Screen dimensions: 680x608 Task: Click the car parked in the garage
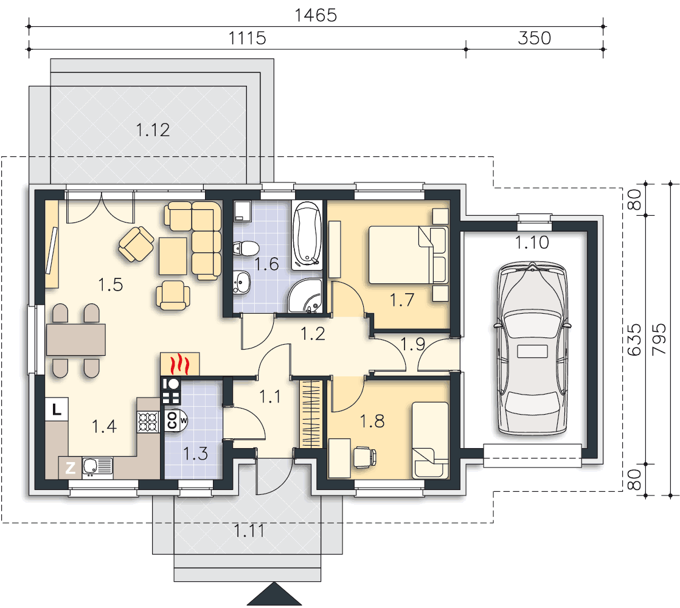(533, 348)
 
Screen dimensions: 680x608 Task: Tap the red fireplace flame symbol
(180, 364)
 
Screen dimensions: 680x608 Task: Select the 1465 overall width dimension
(316, 15)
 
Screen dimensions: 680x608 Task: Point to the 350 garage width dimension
(534, 38)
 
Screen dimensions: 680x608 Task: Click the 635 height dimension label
(634, 339)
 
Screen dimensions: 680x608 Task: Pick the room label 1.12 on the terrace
(153, 130)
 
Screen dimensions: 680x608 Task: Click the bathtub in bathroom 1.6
(307, 235)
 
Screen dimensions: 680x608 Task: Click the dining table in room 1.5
(76, 340)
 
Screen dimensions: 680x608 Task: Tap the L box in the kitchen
(57, 409)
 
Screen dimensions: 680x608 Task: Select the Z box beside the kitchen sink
(71, 468)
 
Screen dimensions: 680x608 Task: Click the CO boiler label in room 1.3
(172, 420)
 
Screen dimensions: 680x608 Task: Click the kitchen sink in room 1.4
(97, 468)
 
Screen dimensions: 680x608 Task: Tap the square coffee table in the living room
(173, 256)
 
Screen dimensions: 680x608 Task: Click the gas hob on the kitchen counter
(148, 422)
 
